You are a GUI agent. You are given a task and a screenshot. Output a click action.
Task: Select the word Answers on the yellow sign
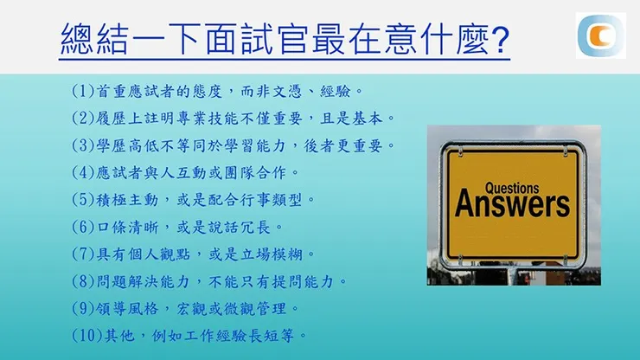click(x=512, y=205)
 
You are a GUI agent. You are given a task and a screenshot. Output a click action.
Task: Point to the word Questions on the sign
click(x=512, y=187)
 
